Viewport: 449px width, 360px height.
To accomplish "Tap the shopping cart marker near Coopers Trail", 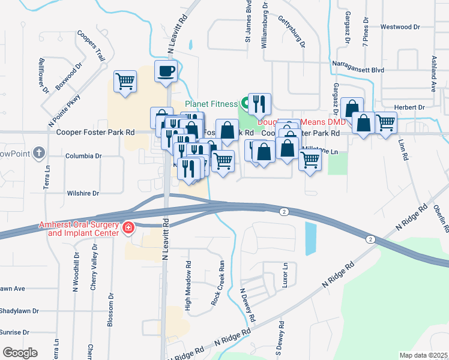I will pyautogui.click(x=125, y=81).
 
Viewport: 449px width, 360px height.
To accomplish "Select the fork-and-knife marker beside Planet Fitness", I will pyautogui.click(x=259, y=104).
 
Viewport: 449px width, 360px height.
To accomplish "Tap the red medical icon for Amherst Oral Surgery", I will pyautogui.click(x=127, y=227).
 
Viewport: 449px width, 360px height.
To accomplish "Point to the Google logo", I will pyautogui.click(x=20, y=352).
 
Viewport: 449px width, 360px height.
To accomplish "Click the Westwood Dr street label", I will pyautogui.click(x=400, y=27).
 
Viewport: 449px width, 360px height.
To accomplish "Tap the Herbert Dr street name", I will pyautogui.click(x=410, y=107).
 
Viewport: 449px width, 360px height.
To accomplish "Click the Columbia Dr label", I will pyautogui.click(x=83, y=155).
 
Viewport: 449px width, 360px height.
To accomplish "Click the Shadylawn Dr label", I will pyautogui.click(x=19, y=311).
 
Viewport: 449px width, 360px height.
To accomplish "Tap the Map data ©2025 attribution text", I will pyautogui.click(x=423, y=355).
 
